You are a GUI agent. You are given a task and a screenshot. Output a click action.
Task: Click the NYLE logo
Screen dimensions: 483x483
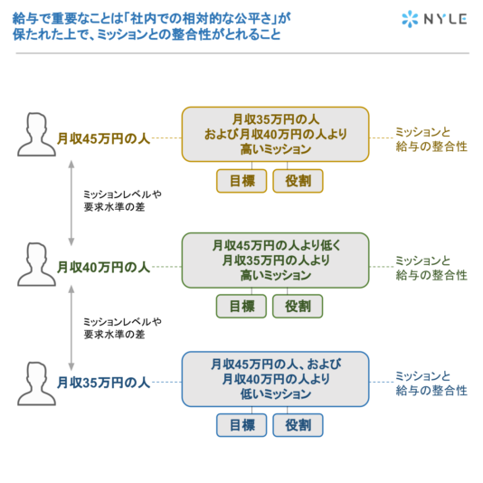click(x=434, y=19)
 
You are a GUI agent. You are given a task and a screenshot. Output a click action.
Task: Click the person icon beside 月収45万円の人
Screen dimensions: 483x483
click(x=36, y=134)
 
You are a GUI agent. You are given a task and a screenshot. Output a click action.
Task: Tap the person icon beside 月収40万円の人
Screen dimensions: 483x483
click(x=36, y=264)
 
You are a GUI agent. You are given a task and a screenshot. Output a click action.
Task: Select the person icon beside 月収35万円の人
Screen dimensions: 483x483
click(x=36, y=384)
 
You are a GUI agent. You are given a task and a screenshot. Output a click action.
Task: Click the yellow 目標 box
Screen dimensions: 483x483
click(x=241, y=181)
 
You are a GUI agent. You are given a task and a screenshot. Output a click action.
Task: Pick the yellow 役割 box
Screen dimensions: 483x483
click(x=298, y=181)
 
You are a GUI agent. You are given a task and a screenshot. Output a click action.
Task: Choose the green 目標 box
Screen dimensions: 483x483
click(x=241, y=307)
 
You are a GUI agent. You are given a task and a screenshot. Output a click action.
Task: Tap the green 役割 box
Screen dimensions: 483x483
click(x=298, y=307)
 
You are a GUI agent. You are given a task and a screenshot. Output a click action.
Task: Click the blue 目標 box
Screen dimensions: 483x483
click(x=241, y=425)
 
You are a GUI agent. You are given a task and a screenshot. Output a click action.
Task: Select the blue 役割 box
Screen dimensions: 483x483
click(x=298, y=425)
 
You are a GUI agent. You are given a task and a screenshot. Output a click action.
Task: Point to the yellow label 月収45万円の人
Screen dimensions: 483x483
click(x=103, y=138)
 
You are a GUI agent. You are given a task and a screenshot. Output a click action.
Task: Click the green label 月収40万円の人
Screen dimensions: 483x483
click(x=103, y=267)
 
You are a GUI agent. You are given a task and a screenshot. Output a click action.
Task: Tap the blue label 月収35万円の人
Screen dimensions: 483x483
click(x=103, y=383)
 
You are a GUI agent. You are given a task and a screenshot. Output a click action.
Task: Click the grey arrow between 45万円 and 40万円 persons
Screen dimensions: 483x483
click(x=71, y=203)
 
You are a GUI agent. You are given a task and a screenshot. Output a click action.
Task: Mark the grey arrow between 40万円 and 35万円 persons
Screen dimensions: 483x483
click(x=71, y=327)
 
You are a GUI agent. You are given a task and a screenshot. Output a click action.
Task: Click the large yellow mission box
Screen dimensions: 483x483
click(x=275, y=134)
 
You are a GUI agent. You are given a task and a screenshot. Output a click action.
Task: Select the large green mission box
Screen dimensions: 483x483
click(x=275, y=260)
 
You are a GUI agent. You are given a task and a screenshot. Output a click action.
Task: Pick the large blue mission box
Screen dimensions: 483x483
click(x=275, y=379)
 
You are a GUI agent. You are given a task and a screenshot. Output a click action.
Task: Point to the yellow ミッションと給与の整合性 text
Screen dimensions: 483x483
click(x=431, y=139)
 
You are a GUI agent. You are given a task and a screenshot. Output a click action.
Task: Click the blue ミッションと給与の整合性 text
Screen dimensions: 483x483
click(x=431, y=384)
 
